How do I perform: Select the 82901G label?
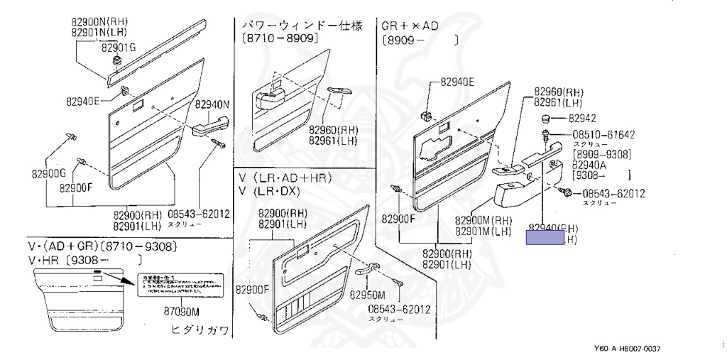[x=118, y=48]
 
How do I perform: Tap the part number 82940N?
[x=214, y=104]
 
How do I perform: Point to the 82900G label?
[x=48, y=173]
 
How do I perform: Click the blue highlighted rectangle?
[x=544, y=237]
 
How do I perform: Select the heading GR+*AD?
[x=410, y=26]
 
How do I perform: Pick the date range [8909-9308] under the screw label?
[x=603, y=154]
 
